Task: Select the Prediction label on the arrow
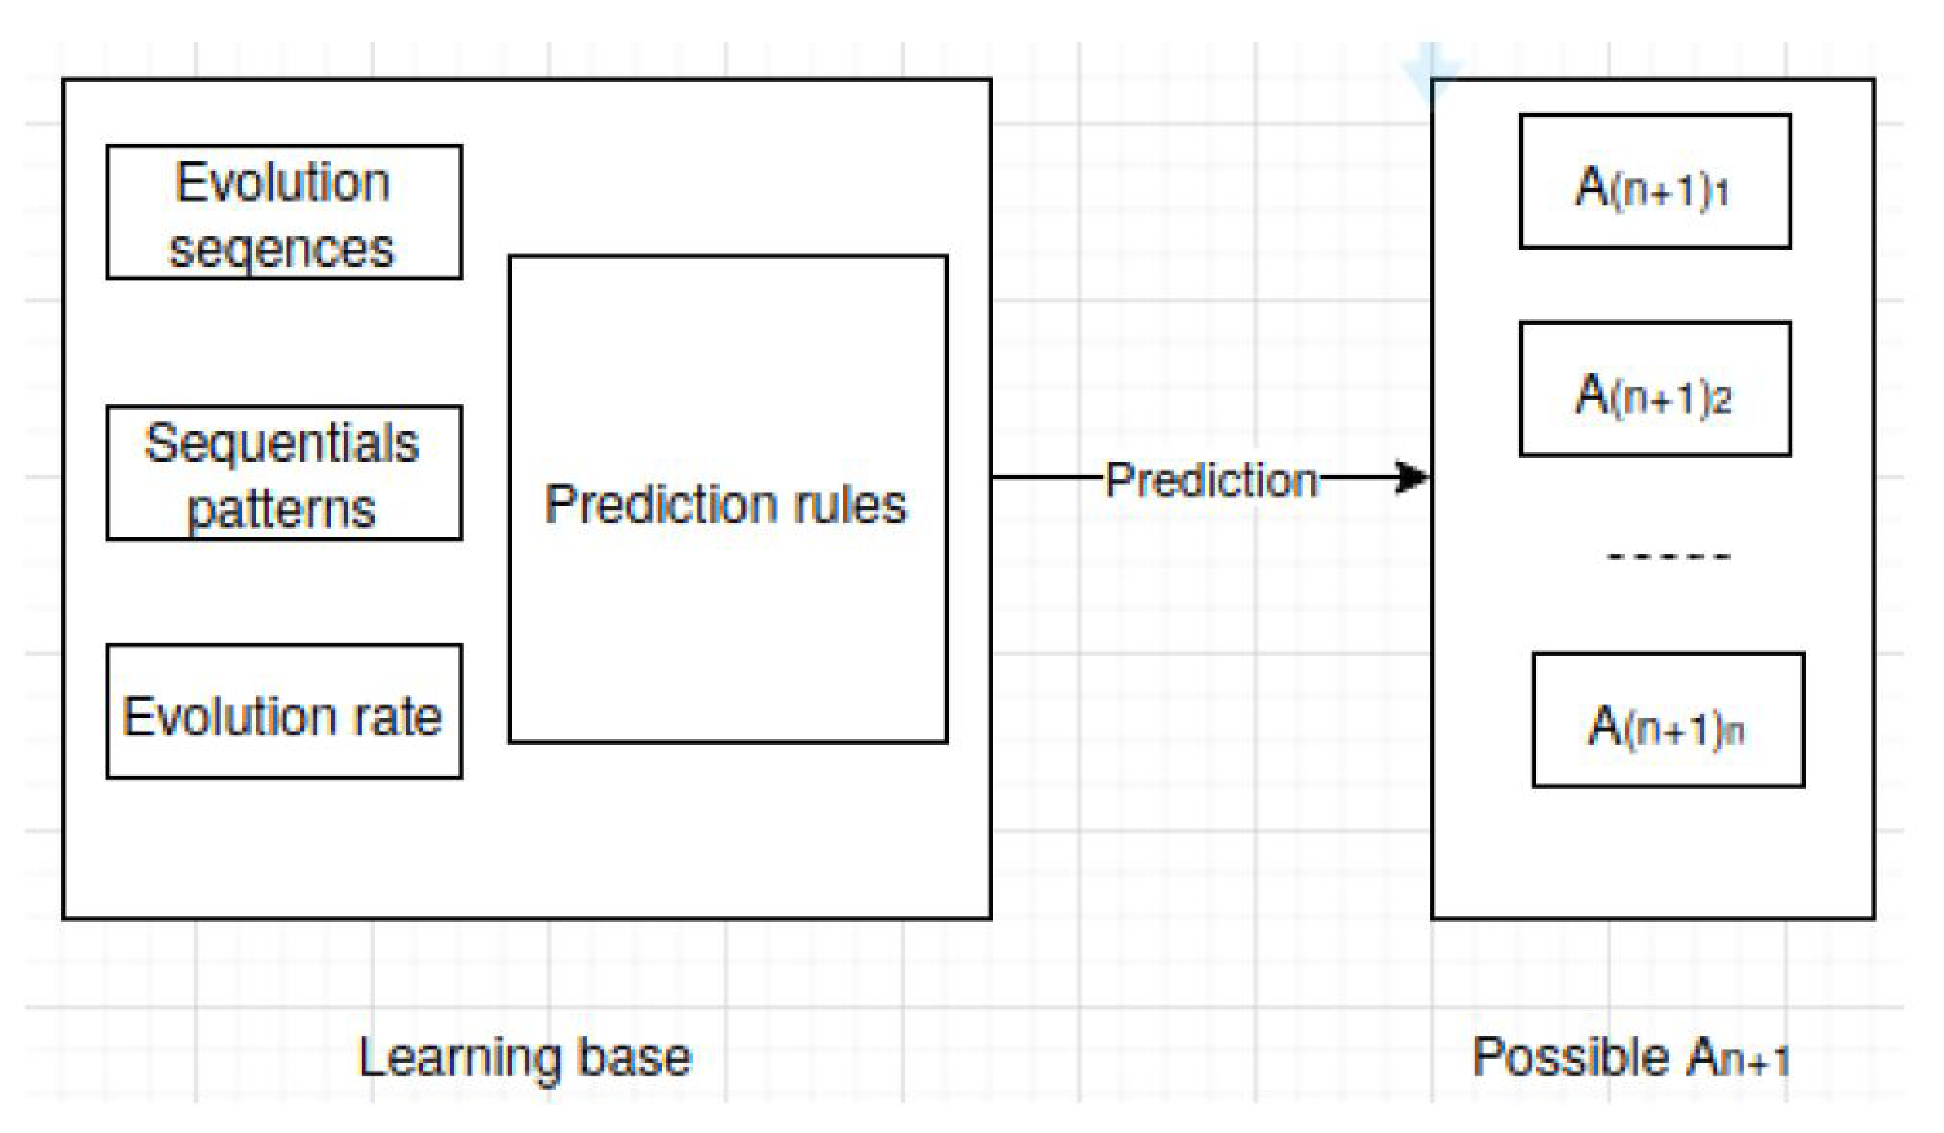(x=1211, y=480)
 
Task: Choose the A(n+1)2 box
(x=1655, y=389)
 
